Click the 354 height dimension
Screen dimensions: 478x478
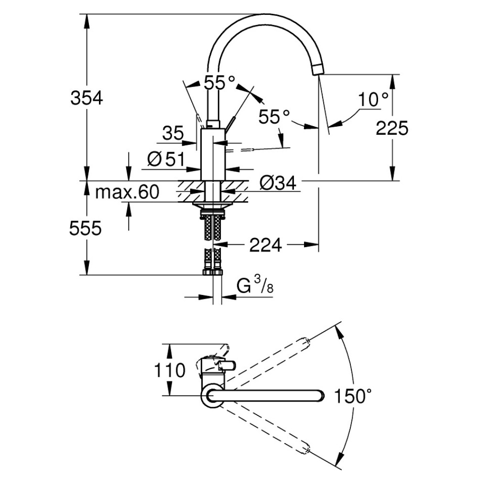[87, 98]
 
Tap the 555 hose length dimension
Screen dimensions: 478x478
[86, 229]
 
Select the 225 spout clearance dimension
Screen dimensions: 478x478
[392, 128]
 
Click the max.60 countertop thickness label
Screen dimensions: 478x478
[127, 192]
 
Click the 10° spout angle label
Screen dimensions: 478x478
[374, 99]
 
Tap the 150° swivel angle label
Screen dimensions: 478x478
[353, 396]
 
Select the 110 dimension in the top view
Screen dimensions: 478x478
[170, 370]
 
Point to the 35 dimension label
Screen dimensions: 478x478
[172, 133]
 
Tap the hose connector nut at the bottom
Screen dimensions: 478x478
[213, 272]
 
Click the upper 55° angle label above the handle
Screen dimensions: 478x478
[220, 83]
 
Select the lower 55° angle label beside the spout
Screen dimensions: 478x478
[274, 116]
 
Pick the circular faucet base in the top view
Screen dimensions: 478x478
[211, 397]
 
